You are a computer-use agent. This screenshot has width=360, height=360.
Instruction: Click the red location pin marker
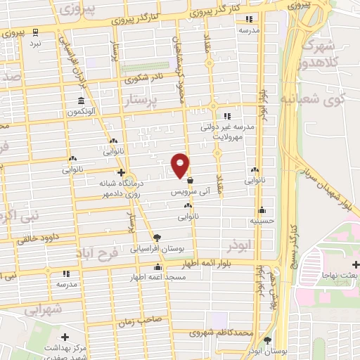(181, 165)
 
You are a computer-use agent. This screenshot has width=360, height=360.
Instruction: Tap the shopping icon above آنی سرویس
(190, 181)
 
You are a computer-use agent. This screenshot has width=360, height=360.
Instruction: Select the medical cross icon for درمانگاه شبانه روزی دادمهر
(121, 172)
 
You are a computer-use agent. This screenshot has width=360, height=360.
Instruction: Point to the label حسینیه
(262, 221)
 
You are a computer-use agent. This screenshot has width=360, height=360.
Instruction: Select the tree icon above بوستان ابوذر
(266, 340)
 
